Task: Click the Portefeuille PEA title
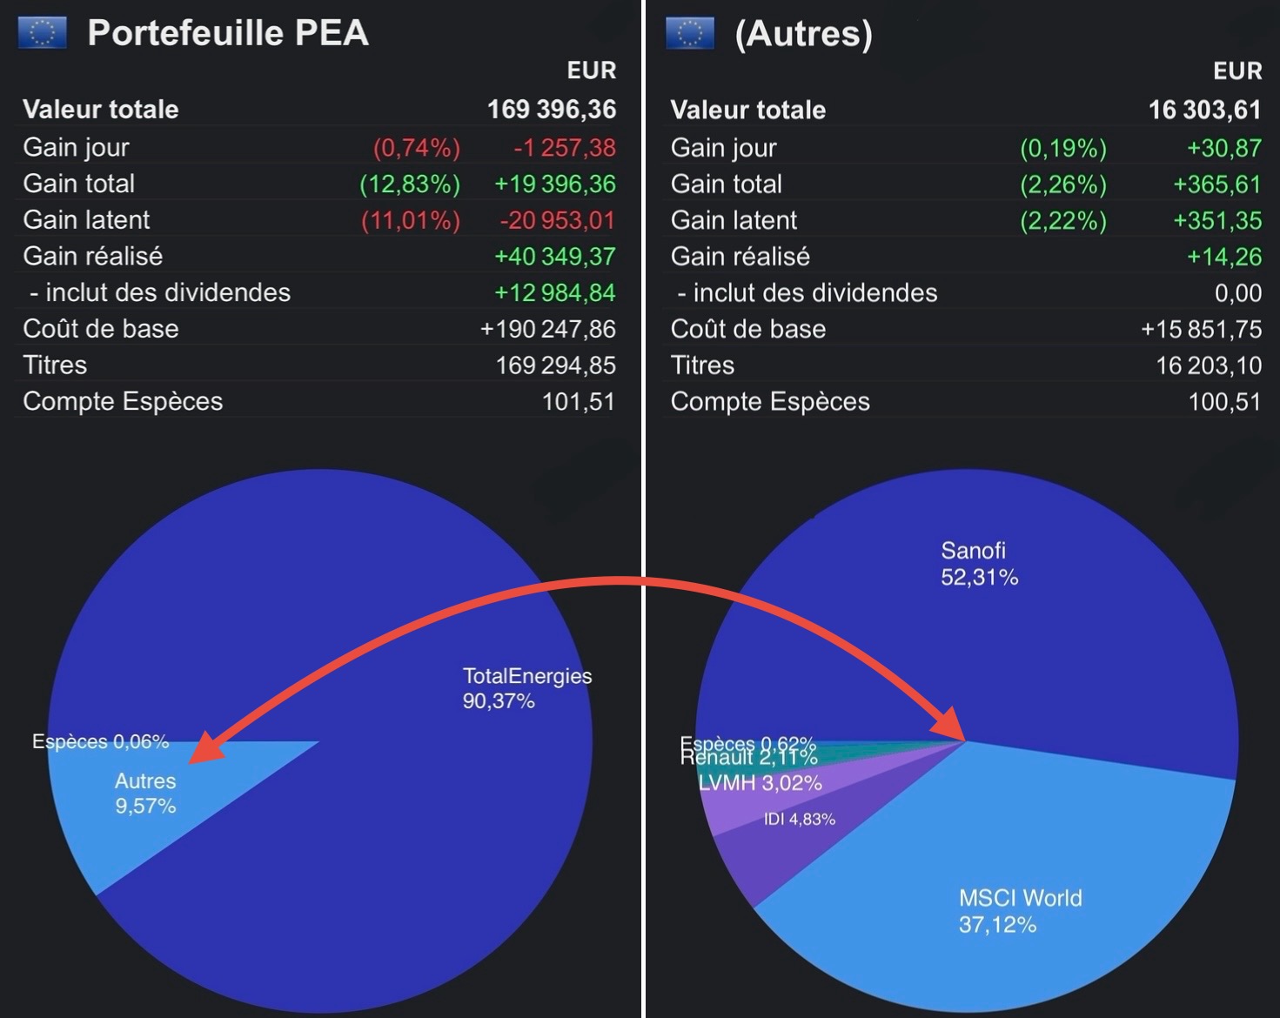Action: click(228, 33)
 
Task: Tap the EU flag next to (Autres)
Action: click(689, 33)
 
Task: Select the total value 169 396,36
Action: click(551, 110)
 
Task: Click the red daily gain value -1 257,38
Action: click(564, 148)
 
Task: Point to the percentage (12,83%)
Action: click(410, 184)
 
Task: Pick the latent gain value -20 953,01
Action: click(557, 221)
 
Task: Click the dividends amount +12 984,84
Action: click(554, 293)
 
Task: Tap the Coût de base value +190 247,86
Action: click(547, 330)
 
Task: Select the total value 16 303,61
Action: click(1204, 110)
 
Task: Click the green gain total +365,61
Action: click(1216, 184)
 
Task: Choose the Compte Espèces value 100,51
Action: click(1224, 402)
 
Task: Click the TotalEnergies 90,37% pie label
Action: click(526, 688)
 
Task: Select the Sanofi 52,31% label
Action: click(979, 564)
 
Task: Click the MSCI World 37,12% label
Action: click(1020, 911)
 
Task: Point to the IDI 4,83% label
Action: click(799, 820)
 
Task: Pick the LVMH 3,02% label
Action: click(760, 783)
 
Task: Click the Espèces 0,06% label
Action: click(100, 742)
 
